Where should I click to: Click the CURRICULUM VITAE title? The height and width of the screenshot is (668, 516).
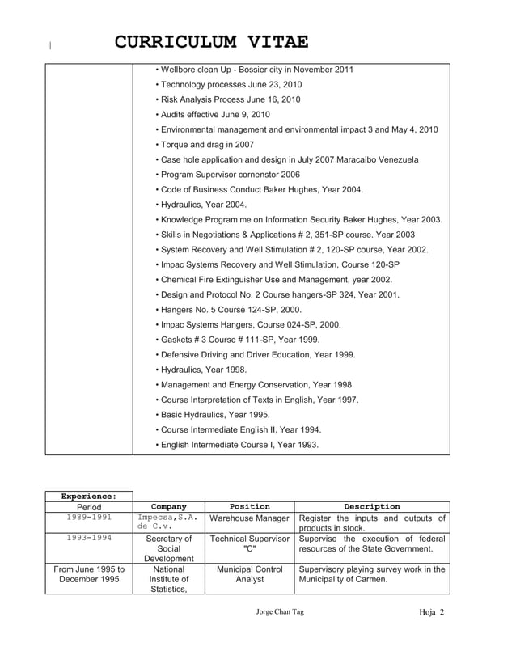click(x=210, y=42)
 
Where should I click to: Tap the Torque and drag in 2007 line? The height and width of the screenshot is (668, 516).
click(x=203, y=145)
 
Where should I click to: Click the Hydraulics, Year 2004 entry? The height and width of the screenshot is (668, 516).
click(x=201, y=205)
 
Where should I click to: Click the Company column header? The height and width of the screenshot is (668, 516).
click(x=168, y=507)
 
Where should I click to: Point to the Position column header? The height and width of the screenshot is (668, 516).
click(x=249, y=507)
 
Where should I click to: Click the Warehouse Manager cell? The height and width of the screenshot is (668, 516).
click(x=249, y=519)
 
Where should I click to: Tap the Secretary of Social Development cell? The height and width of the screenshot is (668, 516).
click(x=168, y=548)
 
